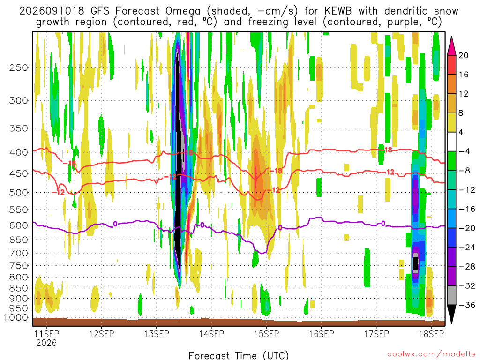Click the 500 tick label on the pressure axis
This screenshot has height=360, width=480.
click(x=19, y=193)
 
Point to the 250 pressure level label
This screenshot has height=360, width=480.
click(x=19, y=67)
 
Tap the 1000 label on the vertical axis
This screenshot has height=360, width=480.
click(x=16, y=317)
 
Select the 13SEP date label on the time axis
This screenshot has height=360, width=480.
click(x=157, y=334)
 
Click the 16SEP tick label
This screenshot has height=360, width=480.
click(x=322, y=334)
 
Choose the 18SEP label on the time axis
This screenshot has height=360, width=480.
click(x=431, y=334)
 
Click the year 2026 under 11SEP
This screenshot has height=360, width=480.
click(x=46, y=343)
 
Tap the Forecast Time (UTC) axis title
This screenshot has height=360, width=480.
click(x=239, y=355)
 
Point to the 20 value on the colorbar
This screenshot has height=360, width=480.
click(x=463, y=55)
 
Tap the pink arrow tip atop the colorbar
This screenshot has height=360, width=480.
click(x=451, y=37)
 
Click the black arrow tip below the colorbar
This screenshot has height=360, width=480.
click(x=451, y=323)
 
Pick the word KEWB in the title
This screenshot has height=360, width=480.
click(x=338, y=11)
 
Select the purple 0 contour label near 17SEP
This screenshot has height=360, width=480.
click(x=383, y=224)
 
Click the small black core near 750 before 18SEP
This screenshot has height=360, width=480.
click(x=415, y=263)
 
